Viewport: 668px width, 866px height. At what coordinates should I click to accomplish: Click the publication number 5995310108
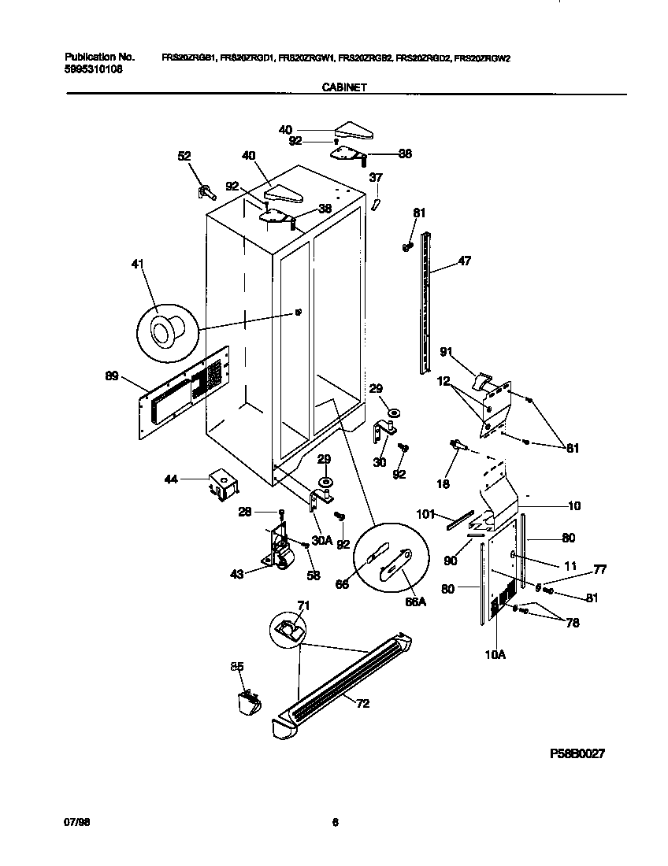[93, 69]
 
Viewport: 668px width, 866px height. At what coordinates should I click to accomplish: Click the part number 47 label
[464, 261]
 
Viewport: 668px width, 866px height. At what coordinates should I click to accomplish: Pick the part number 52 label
[184, 157]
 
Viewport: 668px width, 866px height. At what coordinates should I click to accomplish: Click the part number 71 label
[302, 605]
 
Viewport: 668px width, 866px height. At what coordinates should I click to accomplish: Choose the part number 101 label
[425, 515]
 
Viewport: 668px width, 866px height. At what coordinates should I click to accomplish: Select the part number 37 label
[376, 177]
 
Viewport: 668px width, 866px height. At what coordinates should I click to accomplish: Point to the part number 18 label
[443, 484]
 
